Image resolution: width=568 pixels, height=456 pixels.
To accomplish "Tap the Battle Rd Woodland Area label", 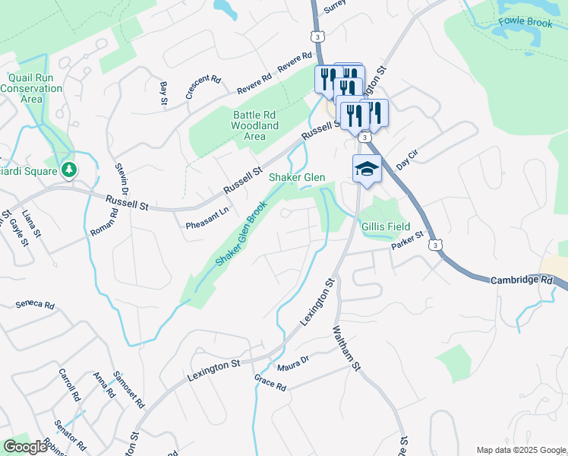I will click(254, 125).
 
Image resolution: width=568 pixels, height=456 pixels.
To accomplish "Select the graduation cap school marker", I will click(367, 169).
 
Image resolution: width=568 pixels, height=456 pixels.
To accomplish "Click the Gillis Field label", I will click(386, 226).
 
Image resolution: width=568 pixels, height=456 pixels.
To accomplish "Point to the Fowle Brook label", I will click(525, 23).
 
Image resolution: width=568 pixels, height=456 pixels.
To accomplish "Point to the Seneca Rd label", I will click(36, 306).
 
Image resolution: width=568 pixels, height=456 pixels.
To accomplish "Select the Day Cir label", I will click(408, 161).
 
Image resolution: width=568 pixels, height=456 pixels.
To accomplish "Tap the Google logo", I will click(25, 447).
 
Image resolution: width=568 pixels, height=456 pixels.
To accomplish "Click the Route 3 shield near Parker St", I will click(434, 245).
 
